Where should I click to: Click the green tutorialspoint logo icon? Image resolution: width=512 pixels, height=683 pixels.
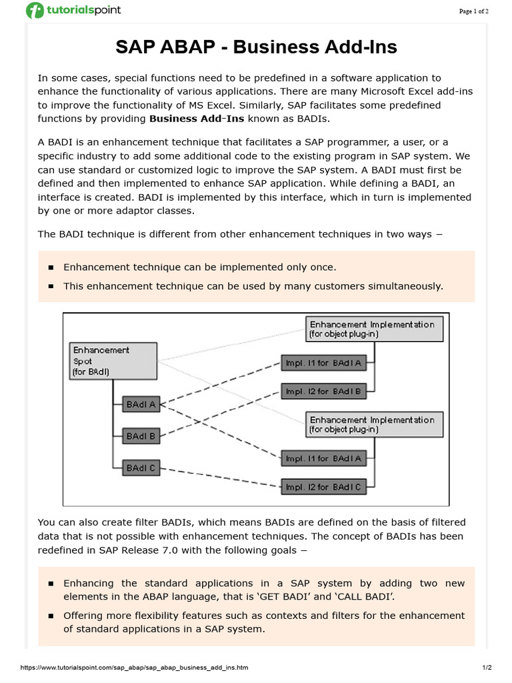pyautogui.click(x=34, y=11)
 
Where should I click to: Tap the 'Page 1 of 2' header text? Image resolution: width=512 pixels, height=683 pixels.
pyautogui.click(x=473, y=11)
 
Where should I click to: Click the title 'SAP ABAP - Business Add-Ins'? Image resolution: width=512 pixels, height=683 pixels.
pyautogui.click(x=256, y=47)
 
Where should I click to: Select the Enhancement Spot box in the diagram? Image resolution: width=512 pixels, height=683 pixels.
pyautogui.click(x=113, y=361)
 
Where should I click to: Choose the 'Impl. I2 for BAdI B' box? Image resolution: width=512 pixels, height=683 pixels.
pyautogui.click(x=324, y=392)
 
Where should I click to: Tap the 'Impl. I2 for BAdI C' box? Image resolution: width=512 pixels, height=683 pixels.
pyautogui.click(x=324, y=488)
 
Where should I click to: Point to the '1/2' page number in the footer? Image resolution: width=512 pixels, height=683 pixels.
pyautogui.click(x=487, y=668)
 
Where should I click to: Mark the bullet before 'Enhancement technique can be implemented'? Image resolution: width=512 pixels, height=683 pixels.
pyautogui.click(x=51, y=267)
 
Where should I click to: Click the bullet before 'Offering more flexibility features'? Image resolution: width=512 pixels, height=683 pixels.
pyautogui.click(x=51, y=616)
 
